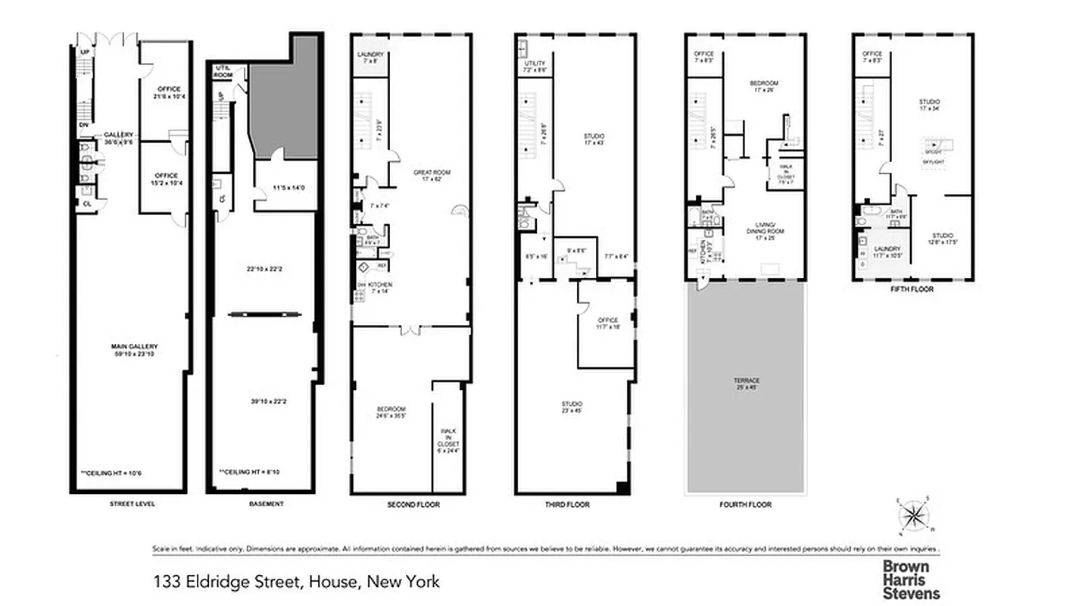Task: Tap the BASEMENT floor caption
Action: [x=267, y=503]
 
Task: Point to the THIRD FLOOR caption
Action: [x=568, y=504]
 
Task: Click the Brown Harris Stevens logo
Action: [x=911, y=580]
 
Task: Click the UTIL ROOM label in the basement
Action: [x=223, y=70]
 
